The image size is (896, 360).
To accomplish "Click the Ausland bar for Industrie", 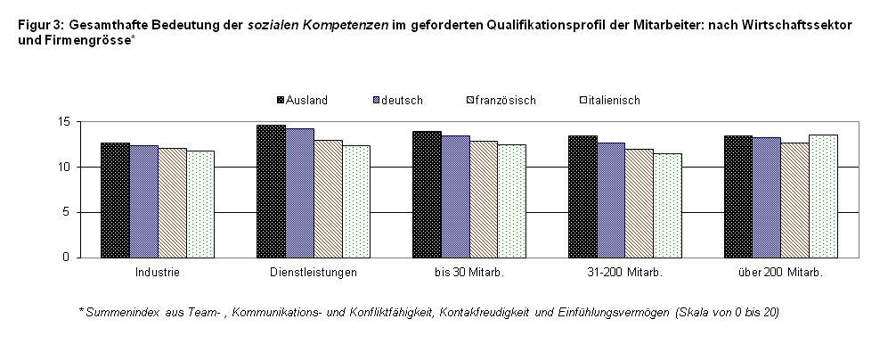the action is coord(116,200).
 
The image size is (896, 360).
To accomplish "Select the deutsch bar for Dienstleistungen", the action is coord(300,193).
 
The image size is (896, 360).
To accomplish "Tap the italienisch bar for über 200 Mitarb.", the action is coord(824,196).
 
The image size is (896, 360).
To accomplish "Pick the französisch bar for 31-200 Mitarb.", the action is coord(639,203).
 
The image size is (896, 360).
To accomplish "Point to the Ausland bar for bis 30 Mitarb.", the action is coord(427,194).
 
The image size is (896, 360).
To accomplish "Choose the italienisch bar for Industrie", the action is coord(200,204).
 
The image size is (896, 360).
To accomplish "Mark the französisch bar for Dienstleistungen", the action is coord(329,199).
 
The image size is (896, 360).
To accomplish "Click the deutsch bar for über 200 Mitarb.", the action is coord(767,198).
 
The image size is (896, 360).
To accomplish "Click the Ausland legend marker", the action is coord(281,100).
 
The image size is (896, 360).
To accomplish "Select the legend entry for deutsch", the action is coord(398,100).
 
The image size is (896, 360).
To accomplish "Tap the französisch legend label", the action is coord(505,100).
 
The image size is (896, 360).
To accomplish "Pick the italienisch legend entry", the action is coord(610,100).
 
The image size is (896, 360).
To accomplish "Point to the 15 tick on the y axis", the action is coord(63,122).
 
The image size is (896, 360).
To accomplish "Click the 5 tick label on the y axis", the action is coord(66,212).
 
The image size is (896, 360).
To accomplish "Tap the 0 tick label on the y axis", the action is coord(66,258).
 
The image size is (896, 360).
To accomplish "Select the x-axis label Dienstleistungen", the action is coord(314,273).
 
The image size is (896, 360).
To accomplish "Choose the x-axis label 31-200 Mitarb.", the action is coord(624,273).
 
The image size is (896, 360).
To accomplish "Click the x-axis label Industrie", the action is coord(157,273).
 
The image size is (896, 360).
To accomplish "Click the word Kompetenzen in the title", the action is coord(353,25).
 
